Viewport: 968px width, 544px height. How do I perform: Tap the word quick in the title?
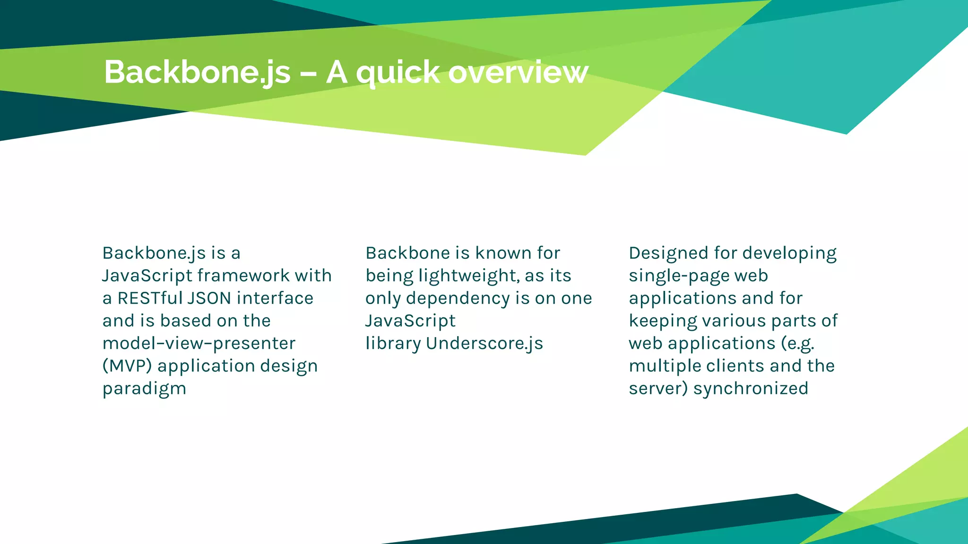pos(398,73)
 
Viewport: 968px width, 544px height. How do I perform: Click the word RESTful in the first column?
pos(150,298)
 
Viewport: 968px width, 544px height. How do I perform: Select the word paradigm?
pos(144,389)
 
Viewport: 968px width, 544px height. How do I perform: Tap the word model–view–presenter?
pos(199,343)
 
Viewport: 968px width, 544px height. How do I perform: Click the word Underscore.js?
pos(484,343)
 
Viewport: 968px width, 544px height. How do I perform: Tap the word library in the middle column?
pos(393,344)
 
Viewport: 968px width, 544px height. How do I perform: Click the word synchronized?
pos(751,389)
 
